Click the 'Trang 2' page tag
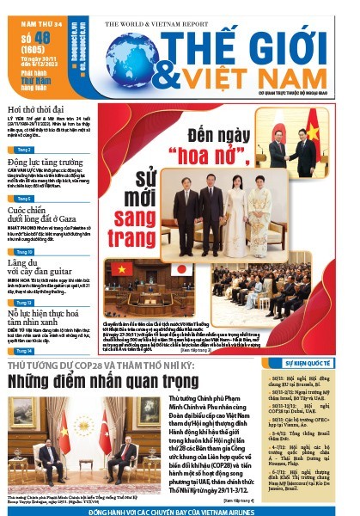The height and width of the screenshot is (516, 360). [23, 149]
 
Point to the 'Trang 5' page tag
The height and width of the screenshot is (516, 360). [23, 199]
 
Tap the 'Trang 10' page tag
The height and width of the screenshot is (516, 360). [23, 252]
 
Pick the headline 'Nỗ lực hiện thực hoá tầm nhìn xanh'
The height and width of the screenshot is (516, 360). [48, 322]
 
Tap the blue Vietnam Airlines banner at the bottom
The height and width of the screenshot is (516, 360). [179, 511]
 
